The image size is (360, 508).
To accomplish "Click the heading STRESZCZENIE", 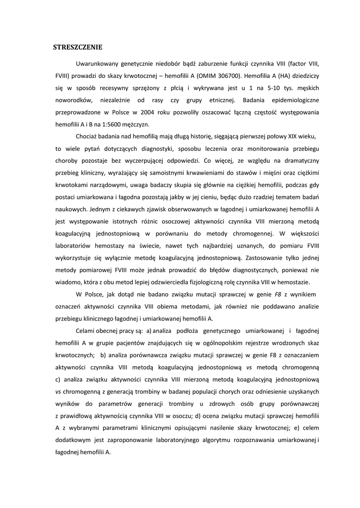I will click(x=77, y=47).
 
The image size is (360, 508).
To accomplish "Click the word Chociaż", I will click(x=87, y=136).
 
